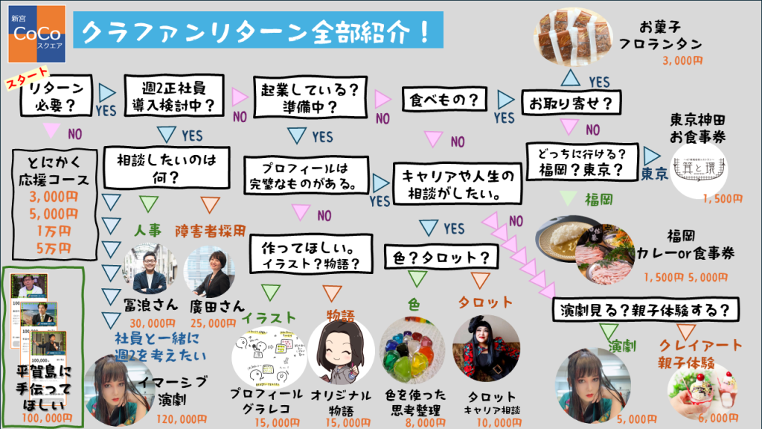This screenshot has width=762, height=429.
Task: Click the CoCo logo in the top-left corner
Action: point(36,31)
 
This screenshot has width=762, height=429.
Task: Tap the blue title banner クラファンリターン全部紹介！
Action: point(257,31)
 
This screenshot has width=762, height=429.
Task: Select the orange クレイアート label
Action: point(702,345)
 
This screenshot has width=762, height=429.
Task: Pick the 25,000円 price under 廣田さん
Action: point(214,323)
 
